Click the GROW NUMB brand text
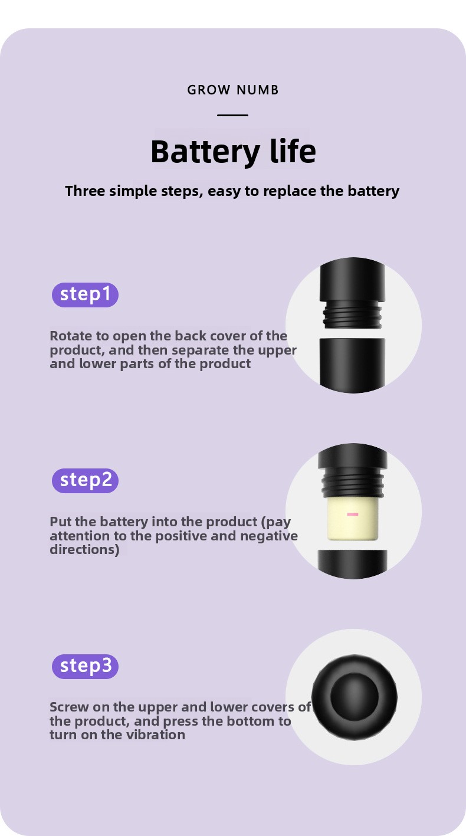click(x=233, y=90)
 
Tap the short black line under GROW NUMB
click(x=233, y=115)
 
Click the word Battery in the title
click(x=205, y=152)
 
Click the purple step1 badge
click(x=85, y=295)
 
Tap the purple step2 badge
click(x=85, y=481)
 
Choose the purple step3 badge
click(x=85, y=667)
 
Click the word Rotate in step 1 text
click(x=71, y=336)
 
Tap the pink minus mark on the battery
click(x=353, y=514)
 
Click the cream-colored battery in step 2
click(x=353, y=519)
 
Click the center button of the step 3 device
click(x=355, y=697)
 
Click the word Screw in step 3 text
click(x=70, y=707)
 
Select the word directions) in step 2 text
click(x=85, y=550)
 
